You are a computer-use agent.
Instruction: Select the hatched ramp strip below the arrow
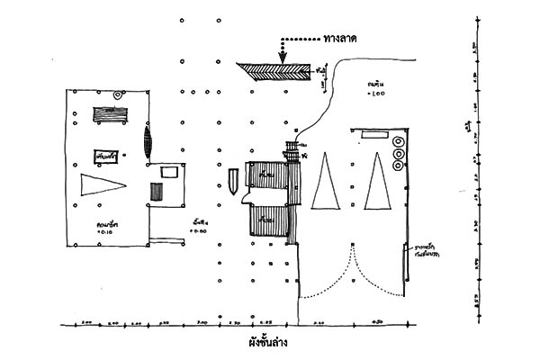click(274, 70)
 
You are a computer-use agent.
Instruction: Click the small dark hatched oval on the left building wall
click(148, 140)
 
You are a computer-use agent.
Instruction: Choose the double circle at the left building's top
click(117, 94)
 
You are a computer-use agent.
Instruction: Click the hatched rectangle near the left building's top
click(112, 115)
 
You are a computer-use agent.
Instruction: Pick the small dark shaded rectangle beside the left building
click(157, 192)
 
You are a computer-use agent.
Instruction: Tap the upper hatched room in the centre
click(268, 174)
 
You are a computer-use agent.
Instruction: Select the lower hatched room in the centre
click(267, 220)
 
